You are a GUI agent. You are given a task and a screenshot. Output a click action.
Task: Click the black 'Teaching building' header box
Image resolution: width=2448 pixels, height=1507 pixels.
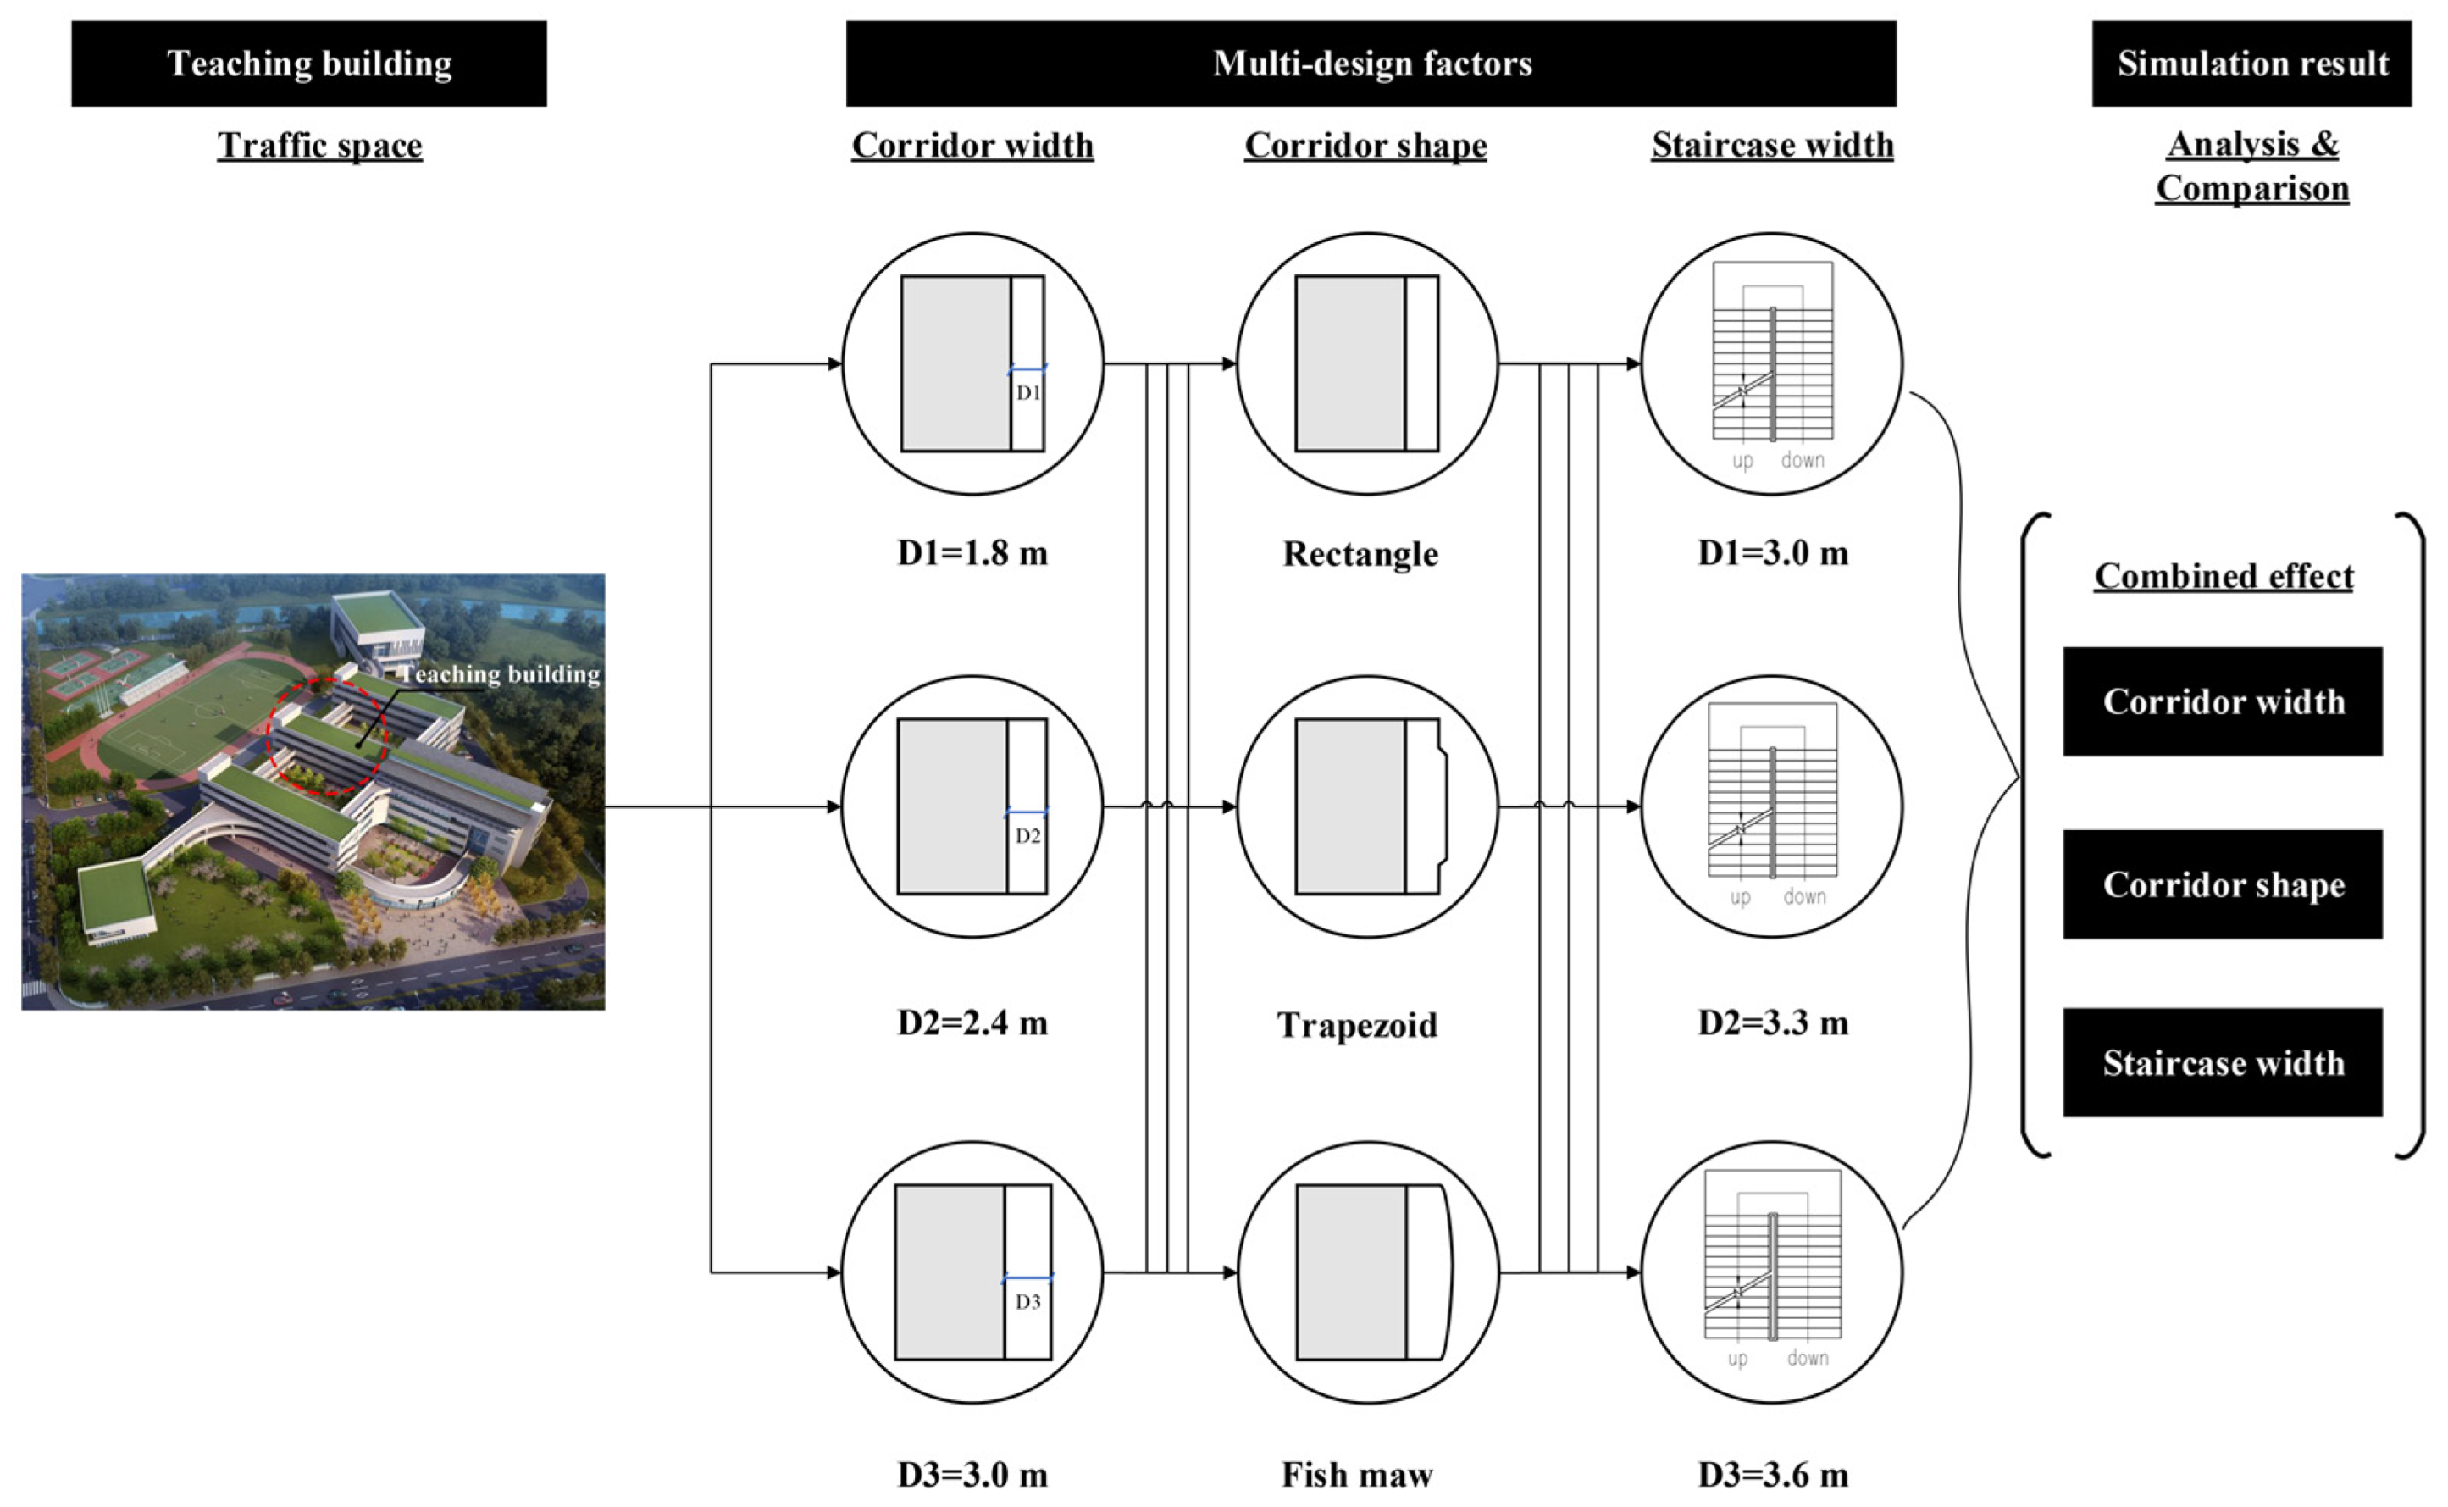click(x=309, y=64)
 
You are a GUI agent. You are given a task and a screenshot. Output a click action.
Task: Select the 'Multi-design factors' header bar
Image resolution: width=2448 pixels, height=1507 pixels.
click(x=1371, y=64)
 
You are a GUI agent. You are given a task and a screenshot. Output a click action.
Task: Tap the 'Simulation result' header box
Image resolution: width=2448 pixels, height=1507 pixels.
click(x=2251, y=64)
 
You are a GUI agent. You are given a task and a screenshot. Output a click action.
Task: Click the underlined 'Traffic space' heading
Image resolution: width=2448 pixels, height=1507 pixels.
click(x=320, y=146)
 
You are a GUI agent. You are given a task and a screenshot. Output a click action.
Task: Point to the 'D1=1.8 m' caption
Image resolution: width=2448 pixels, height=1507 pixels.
click(x=972, y=553)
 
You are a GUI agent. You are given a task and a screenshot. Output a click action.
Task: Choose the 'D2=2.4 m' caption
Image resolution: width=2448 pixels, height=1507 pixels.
click(x=972, y=1022)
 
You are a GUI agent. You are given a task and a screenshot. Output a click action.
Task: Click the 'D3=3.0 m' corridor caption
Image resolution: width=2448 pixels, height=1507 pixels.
click(x=972, y=1474)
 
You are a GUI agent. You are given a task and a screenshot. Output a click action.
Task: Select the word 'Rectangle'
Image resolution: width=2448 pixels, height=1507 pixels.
click(x=1360, y=554)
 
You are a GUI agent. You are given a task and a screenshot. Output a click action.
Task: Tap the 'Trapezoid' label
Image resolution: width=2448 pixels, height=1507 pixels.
click(x=1357, y=1025)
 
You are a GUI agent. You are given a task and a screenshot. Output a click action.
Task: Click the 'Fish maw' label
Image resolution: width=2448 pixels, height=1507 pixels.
click(x=1357, y=1474)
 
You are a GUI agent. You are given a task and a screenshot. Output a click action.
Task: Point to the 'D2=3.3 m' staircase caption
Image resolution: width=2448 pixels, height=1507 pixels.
click(x=1773, y=1022)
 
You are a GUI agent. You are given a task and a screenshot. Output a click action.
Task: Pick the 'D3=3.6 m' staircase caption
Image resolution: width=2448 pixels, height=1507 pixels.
click(x=1773, y=1474)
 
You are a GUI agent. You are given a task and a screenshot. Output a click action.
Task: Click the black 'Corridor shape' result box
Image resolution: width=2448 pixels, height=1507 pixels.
click(x=2223, y=884)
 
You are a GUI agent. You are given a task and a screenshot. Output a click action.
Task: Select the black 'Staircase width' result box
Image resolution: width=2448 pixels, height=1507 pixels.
click(x=2223, y=1062)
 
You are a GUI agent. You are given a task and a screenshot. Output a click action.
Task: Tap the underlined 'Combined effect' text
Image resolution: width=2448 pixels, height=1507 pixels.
click(x=2223, y=576)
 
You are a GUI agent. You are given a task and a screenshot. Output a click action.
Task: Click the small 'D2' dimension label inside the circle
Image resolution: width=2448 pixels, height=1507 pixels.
click(x=1027, y=836)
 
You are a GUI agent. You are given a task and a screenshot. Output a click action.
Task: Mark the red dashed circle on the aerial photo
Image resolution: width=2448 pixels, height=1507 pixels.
click(x=327, y=736)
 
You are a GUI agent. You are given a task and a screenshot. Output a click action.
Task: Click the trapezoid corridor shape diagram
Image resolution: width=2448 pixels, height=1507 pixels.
click(x=1371, y=806)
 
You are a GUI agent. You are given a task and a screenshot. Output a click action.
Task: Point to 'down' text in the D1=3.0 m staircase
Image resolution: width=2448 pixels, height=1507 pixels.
click(x=1803, y=461)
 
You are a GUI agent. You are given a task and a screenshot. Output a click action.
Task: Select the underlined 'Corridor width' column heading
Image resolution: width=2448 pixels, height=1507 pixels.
click(x=972, y=146)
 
